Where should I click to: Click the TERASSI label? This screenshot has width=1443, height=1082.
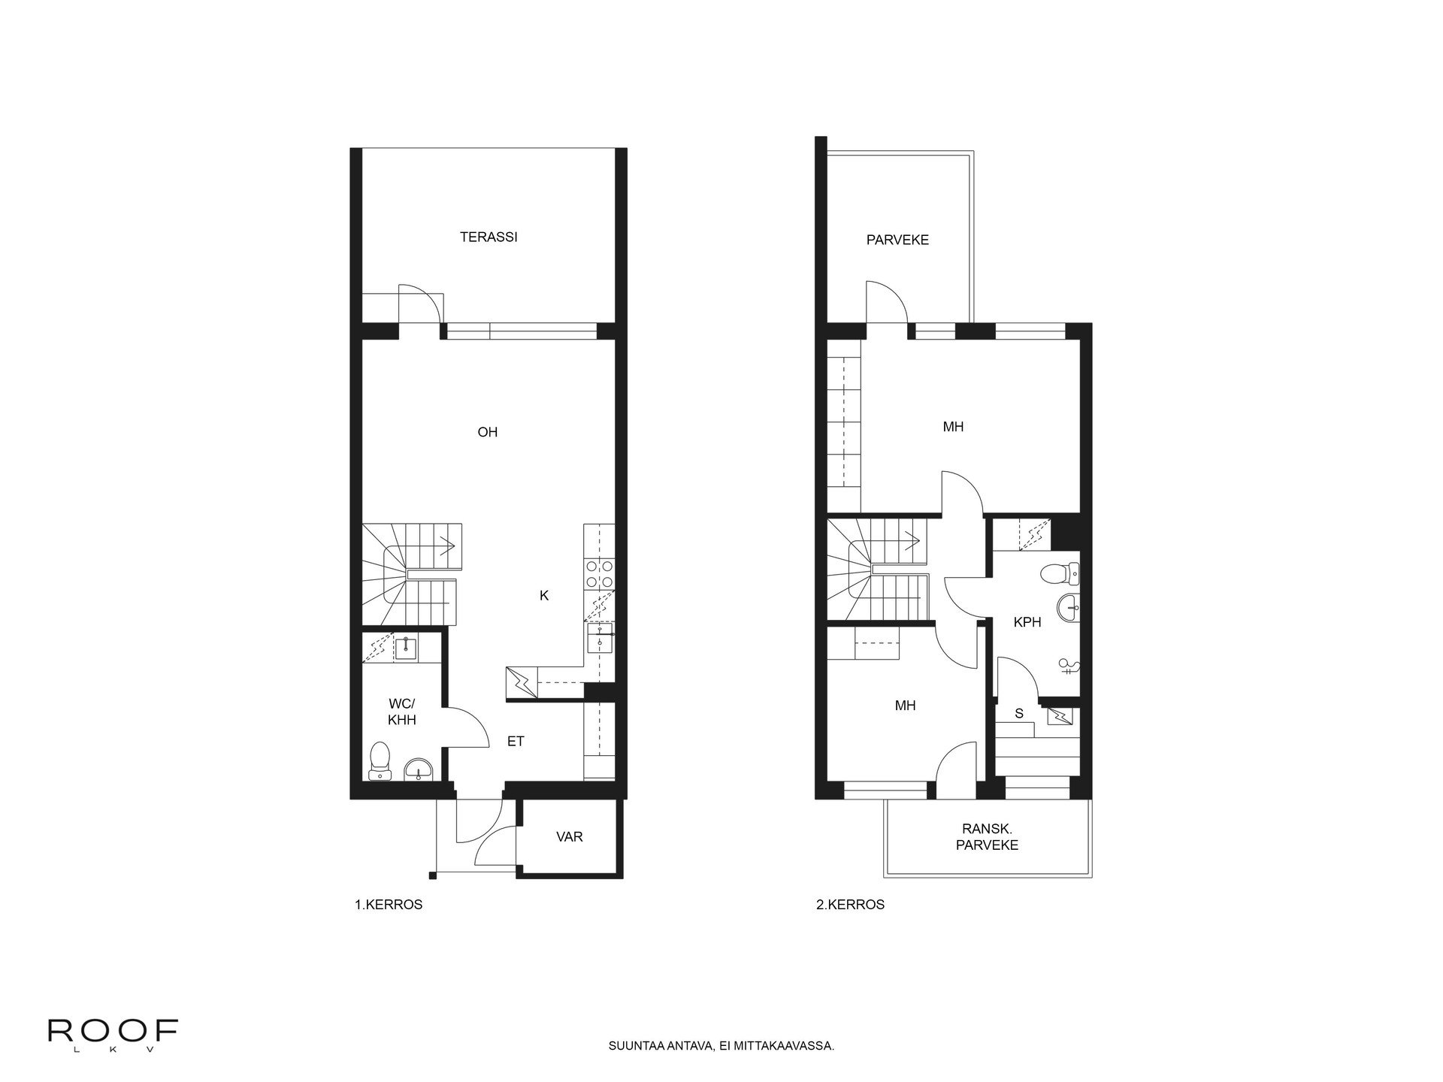489,237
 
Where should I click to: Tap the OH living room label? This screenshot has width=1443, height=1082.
488,432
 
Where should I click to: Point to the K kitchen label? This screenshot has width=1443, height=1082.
544,596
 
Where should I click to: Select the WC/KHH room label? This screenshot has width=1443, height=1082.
402,712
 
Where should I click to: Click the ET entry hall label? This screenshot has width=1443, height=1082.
516,742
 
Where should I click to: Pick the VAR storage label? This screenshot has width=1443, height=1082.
570,836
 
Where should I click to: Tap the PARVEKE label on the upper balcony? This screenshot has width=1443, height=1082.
897,240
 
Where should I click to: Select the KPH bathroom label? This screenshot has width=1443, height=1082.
1027,622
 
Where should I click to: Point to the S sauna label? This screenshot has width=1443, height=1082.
1019,714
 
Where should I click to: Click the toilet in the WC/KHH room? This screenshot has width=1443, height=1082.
379,761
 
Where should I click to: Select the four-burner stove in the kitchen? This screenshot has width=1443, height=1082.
600,574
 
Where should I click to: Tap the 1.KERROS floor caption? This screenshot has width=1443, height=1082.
389,905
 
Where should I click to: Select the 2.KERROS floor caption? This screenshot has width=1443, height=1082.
850,905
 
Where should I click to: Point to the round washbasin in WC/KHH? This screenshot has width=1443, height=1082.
418,769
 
